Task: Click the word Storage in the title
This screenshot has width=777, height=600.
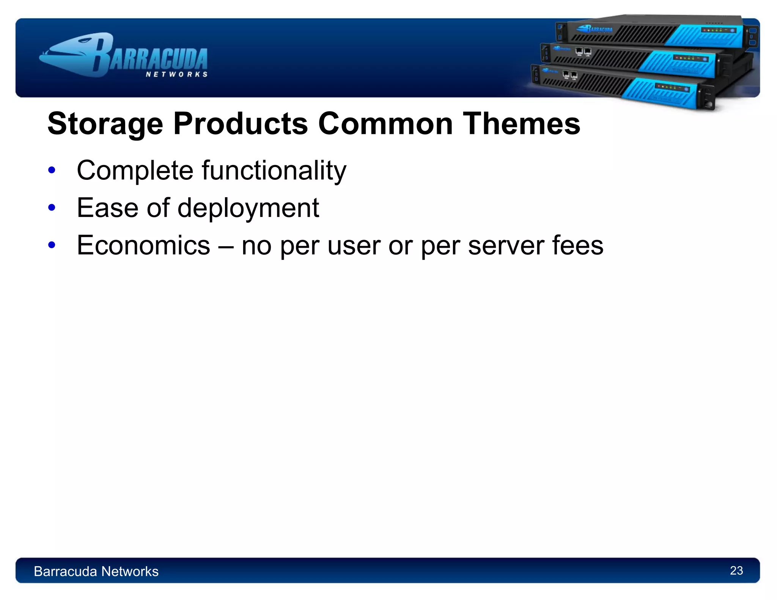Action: tap(105, 124)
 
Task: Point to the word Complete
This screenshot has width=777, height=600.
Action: tap(135, 171)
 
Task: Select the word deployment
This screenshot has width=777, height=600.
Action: tap(248, 208)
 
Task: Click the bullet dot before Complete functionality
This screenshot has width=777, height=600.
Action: tap(52, 170)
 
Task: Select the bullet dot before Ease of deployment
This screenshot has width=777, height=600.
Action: tap(52, 207)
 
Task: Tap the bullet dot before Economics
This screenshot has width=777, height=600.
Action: tap(52, 245)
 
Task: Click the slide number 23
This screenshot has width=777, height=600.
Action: tap(736, 570)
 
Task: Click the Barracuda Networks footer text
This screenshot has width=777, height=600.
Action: tap(96, 571)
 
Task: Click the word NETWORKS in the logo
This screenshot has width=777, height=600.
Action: tap(177, 74)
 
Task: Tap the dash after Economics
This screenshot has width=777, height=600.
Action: tap(226, 246)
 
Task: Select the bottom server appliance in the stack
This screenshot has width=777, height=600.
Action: tap(622, 87)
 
